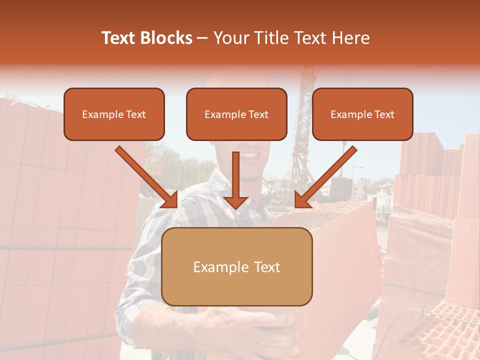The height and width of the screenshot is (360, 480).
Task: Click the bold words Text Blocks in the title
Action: tap(147, 38)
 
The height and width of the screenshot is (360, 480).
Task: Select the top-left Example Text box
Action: tap(114, 114)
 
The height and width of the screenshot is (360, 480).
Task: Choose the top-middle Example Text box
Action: tap(236, 114)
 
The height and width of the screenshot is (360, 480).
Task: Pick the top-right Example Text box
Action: tap(362, 114)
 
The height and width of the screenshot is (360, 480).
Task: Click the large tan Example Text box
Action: tap(237, 266)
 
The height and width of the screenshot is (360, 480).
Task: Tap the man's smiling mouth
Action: tap(249, 155)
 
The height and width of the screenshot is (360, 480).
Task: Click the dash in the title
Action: tap(202, 38)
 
